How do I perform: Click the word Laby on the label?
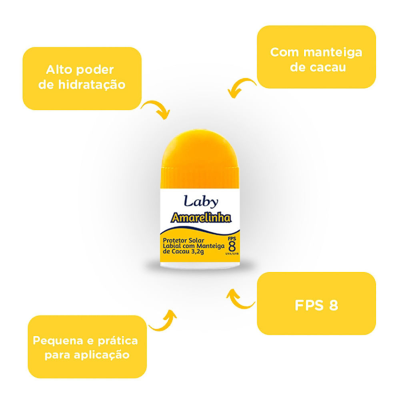(x=201, y=202)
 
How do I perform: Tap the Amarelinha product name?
(x=201, y=218)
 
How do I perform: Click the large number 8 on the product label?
(x=232, y=247)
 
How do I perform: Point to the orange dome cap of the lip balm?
(x=200, y=158)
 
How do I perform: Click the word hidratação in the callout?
(x=92, y=85)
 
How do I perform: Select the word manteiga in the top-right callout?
(x=333, y=52)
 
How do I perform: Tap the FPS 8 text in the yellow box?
(x=316, y=305)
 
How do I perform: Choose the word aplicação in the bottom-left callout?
(x=102, y=355)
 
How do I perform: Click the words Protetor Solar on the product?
(x=184, y=240)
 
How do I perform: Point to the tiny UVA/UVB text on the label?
(x=232, y=254)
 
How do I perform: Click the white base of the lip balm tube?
(x=200, y=265)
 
